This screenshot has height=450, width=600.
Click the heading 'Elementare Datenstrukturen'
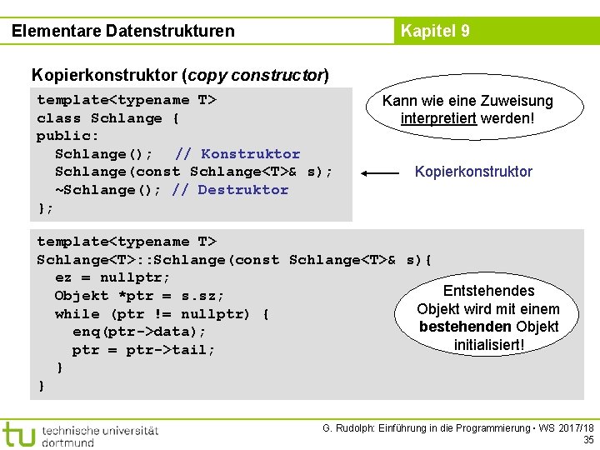point(123,32)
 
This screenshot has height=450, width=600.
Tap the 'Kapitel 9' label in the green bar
point(435,32)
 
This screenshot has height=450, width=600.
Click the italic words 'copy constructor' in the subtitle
point(257,76)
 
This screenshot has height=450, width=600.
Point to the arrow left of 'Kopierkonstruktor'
point(381,173)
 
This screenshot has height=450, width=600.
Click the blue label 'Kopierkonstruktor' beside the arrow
point(473,172)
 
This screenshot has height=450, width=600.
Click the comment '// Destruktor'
point(230,190)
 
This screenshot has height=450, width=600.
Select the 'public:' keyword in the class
point(68,136)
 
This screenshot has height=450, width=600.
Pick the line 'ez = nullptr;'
point(112,277)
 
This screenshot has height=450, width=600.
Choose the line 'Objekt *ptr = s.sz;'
point(140,296)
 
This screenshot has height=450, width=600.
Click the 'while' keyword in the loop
point(77,314)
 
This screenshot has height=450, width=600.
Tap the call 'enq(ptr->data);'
point(139,332)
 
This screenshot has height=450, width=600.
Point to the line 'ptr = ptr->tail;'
point(143,350)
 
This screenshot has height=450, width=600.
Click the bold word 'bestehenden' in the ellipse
point(465,327)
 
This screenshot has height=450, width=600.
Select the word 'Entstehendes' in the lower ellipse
point(488,291)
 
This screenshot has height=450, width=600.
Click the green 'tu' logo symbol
point(18,433)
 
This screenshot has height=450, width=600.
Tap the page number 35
point(588,439)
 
